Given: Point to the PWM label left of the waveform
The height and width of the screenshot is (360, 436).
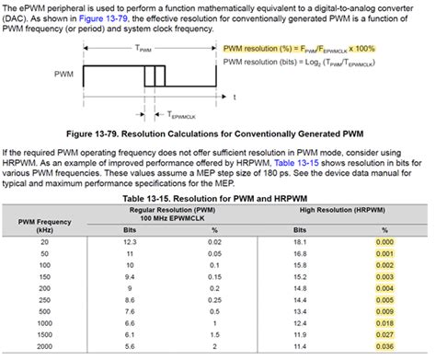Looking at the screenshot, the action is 64,73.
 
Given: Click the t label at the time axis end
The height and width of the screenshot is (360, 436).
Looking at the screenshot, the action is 234,95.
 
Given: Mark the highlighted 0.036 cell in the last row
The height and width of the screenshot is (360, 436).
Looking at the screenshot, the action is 384,347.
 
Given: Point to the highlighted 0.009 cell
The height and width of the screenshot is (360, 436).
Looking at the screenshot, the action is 384,299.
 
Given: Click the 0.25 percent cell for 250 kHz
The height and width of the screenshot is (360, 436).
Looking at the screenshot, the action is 213,299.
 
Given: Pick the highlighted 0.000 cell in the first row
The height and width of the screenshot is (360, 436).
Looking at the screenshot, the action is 384,240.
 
